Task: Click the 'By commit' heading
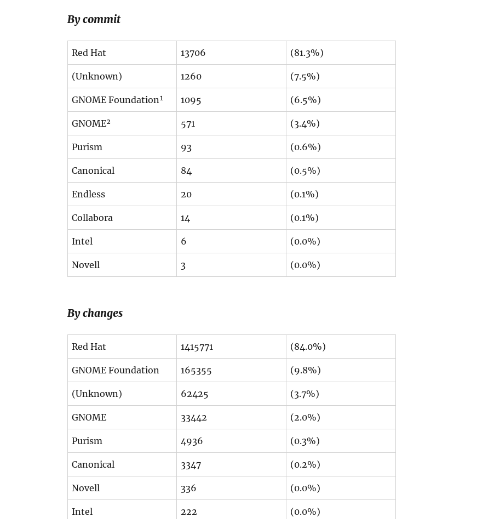94,20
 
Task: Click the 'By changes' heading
95,314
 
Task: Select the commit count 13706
193,53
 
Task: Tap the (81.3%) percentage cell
307,53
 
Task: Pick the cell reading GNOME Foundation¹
117,100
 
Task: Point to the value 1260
191,77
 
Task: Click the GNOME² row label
91,124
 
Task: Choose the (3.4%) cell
305,124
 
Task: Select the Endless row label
88,195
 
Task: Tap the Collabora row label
92,218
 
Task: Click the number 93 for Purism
186,147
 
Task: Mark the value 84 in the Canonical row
186,171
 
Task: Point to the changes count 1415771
197,347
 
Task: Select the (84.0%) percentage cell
308,347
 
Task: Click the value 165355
196,371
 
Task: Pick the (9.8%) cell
305,371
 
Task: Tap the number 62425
194,394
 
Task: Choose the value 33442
194,418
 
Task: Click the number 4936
192,441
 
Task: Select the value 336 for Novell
188,489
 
